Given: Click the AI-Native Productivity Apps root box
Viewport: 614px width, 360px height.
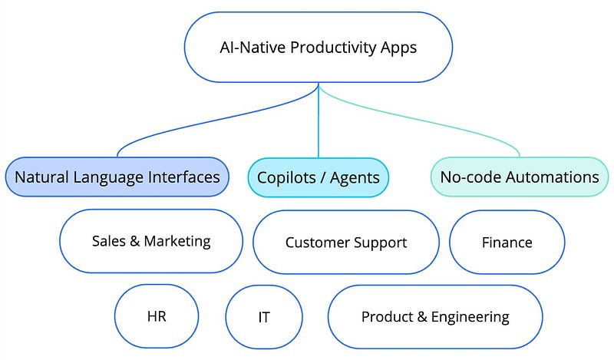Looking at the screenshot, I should pyautogui.click(x=318, y=47).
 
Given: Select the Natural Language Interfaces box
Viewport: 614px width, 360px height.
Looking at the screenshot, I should pyautogui.click(x=117, y=177).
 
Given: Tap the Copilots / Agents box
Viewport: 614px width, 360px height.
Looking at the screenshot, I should pyautogui.click(x=318, y=178).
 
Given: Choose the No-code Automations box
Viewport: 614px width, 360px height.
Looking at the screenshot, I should pyautogui.click(x=519, y=177).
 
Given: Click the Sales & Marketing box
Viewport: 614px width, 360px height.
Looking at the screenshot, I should pyautogui.click(x=150, y=241).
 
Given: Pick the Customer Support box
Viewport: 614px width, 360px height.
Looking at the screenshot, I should pyautogui.click(x=346, y=243).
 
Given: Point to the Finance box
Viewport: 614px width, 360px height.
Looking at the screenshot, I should pyautogui.click(x=507, y=243).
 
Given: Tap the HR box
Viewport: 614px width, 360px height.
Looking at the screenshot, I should pyautogui.click(x=157, y=316).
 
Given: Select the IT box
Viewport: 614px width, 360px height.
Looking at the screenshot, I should pyautogui.click(x=264, y=317).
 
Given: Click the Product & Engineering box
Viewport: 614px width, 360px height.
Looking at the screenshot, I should pyautogui.click(x=435, y=316).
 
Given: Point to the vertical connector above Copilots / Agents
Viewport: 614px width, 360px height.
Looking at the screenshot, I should pyautogui.click(x=318, y=123).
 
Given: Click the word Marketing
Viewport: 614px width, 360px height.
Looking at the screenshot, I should pyautogui.click(x=178, y=241).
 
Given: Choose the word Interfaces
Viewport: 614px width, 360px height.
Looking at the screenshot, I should pyautogui.click(x=183, y=177).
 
